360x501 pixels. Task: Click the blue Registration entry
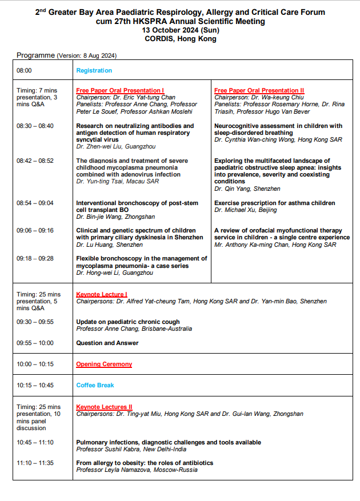[94, 71]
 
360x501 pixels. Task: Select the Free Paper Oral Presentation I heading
[120, 90]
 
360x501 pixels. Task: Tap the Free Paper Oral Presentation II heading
[259, 90]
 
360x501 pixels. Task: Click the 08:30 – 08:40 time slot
[35, 126]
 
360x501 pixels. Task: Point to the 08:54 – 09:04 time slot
[35, 203]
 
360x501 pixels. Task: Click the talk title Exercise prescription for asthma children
[274, 203]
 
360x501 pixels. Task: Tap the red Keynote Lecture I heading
[102, 294]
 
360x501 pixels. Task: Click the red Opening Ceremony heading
[104, 364]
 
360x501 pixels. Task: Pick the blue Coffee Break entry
[95, 385]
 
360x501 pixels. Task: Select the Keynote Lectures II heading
[104, 407]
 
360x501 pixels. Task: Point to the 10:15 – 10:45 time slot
[35, 385]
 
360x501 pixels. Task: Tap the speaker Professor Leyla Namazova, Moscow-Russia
[137, 470]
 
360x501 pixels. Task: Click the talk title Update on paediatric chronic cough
[128, 322]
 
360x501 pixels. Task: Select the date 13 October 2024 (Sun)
[181, 30]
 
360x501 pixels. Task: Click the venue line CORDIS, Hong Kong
[181, 39]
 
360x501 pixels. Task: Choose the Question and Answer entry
[107, 343]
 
